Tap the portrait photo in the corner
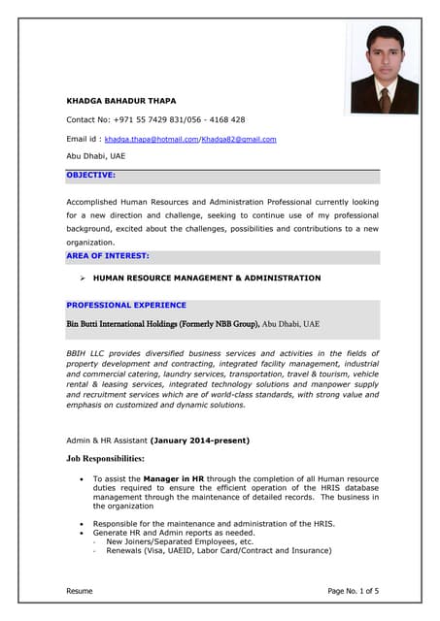tap(385, 70)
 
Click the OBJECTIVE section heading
tap(90, 175)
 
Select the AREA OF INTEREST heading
tap(108, 255)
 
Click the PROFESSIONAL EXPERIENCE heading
tap(126, 305)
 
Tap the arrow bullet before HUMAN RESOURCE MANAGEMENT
tap(84, 278)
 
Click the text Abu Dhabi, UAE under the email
tap(95, 155)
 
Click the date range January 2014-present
tap(200, 441)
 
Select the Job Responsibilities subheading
tap(105, 458)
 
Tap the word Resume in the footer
tap(80, 590)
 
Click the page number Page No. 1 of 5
tap(354, 590)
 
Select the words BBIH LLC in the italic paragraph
tap(86, 353)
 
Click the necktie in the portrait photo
tap(385, 99)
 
